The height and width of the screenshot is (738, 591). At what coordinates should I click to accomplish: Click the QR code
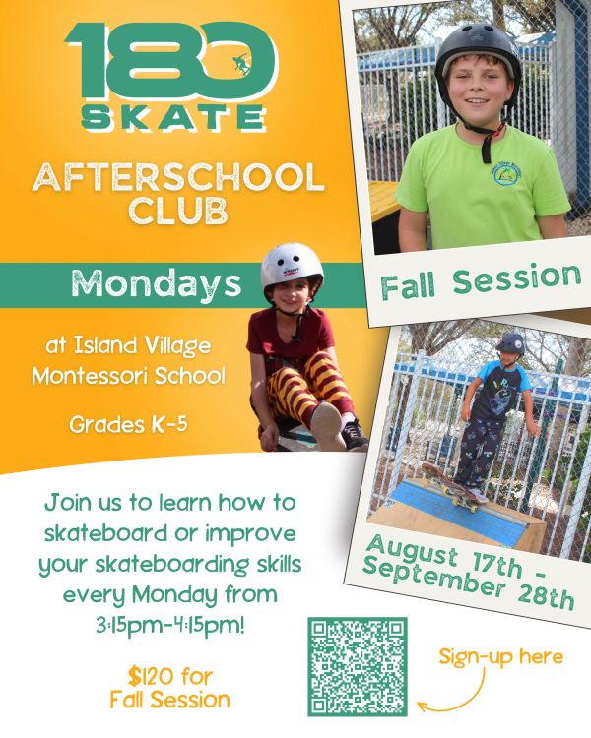click(x=358, y=666)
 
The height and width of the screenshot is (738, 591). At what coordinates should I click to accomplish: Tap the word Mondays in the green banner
click(x=157, y=283)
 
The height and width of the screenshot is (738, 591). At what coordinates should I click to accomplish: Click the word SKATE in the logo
click(x=173, y=117)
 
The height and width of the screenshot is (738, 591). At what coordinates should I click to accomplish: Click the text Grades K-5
click(x=128, y=424)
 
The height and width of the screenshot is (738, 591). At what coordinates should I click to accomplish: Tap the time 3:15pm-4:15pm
click(x=170, y=626)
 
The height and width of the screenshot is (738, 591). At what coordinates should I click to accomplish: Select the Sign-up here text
click(x=501, y=657)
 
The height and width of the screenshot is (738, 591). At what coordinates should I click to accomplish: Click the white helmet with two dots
click(x=292, y=266)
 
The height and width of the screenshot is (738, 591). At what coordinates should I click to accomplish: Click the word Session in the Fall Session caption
click(x=516, y=278)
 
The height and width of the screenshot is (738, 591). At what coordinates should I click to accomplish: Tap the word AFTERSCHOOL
click(x=178, y=177)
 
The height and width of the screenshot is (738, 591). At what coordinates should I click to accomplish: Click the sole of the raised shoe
click(x=327, y=425)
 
